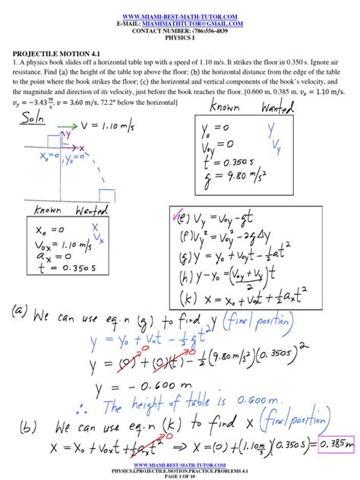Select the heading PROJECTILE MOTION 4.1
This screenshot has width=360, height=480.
coord(53,55)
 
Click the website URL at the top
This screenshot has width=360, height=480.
coord(180,15)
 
